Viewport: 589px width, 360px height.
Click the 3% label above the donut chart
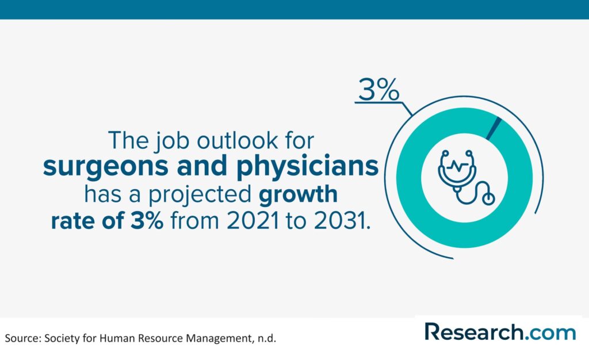point(378,90)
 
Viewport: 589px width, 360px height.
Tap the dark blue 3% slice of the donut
point(494,128)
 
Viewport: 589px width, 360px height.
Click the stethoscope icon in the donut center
point(466,177)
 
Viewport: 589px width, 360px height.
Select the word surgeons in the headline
point(106,167)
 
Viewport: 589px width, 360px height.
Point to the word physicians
point(307,166)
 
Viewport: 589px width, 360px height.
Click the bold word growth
point(299,195)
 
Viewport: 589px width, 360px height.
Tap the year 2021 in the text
point(253,220)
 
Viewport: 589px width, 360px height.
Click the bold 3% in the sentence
point(147,220)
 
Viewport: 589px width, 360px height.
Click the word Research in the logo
point(474,332)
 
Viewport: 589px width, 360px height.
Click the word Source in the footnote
point(22,338)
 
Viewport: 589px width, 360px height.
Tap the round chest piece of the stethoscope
point(488,198)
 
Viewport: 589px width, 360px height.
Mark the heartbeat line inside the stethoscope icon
point(457,166)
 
